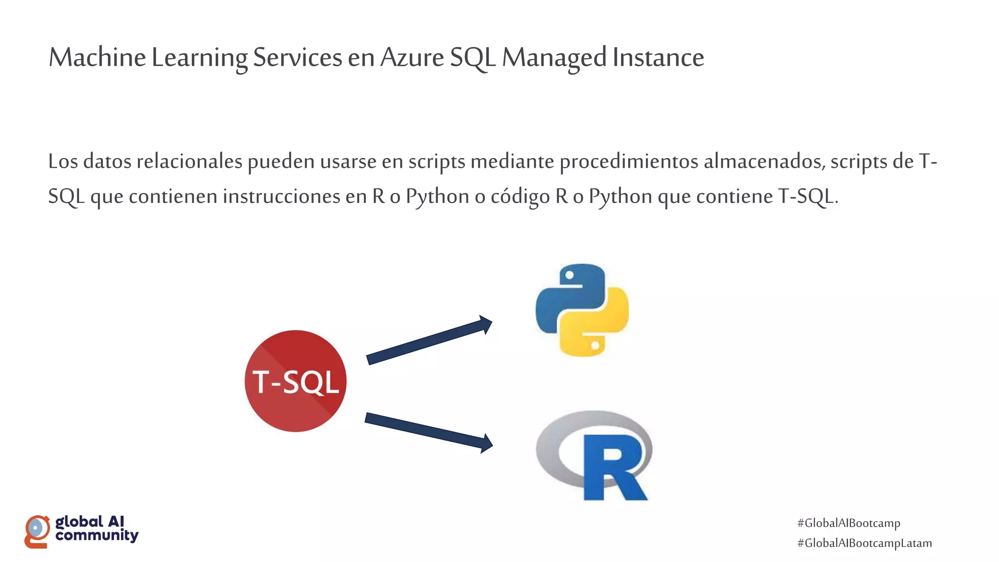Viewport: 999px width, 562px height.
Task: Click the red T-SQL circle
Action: pyautogui.click(x=296, y=381)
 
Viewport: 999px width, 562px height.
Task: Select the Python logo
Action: pyautogui.click(x=582, y=310)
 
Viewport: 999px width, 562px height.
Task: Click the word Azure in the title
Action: pyautogui.click(x=412, y=58)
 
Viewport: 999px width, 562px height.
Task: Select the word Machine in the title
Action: pyautogui.click(x=97, y=58)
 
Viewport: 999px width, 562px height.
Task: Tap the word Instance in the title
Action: pyautogui.click(x=658, y=58)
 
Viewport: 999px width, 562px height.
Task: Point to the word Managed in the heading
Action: pyautogui.click(x=554, y=58)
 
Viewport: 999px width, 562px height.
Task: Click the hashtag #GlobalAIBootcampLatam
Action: pyautogui.click(x=864, y=543)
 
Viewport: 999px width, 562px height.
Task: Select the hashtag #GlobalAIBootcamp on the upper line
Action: pyautogui.click(x=849, y=523)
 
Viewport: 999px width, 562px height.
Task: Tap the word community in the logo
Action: pyautogui.click(x=97, y=536)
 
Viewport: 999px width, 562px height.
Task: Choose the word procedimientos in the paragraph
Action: pyautogui.click(x=629, y=161)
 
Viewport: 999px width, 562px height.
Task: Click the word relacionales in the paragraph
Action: pyautogui.click(x=189, y=161)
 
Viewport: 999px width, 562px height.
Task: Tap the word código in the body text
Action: pyautogui.click(x=520, y=197)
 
